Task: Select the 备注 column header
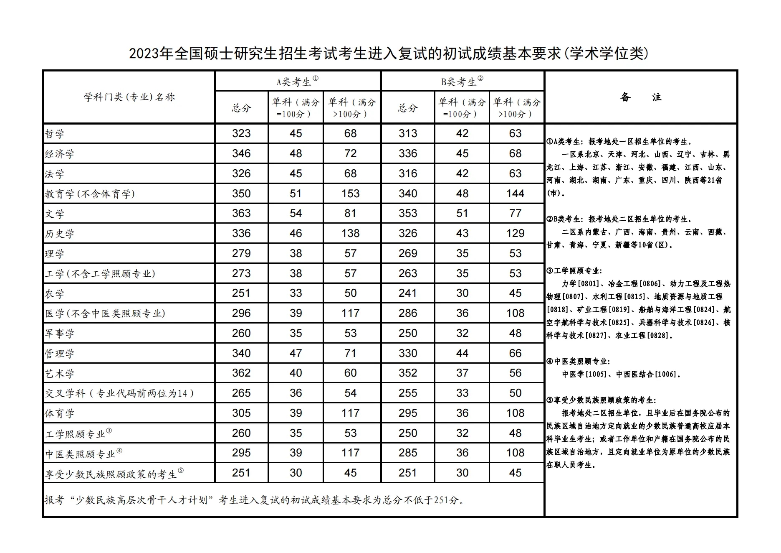tap(641, 97)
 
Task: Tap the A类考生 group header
tap(297, 82)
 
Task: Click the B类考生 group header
tap(462, 82)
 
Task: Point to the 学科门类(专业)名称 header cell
tap(129, 97)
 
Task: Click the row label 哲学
tap(55, 134)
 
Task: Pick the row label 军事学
tap(60, 334)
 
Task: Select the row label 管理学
tap(60, 354)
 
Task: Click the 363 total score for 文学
tap(241, 214)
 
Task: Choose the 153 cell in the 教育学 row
tap(350, 194)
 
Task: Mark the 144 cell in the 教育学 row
tap(515, 194)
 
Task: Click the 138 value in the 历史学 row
tap(350, 233)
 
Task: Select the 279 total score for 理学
tap(241, 253)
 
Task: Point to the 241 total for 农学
tap(407, 293)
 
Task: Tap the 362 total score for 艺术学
tap(241, 373)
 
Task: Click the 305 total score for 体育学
tap(241, 413)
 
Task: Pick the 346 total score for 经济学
tap(241, 153)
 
